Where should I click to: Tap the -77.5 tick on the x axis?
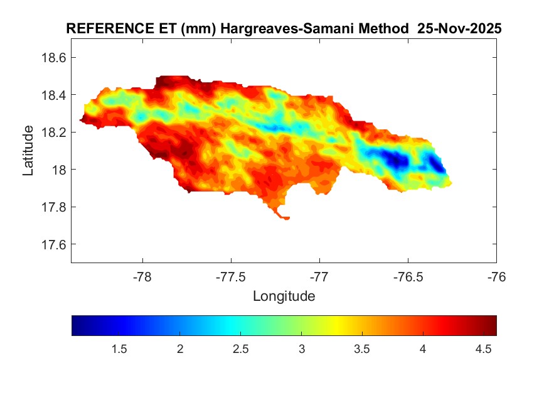pos(231,277)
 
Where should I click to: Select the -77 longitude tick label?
pos(319,277)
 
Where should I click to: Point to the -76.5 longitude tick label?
pos(408,277)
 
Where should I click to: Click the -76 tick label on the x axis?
pos(496,277)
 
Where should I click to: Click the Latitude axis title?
pos(28,151)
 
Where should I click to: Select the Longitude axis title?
pos(284,296)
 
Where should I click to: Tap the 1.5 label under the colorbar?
pos(119,349)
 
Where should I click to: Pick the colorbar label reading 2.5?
pos(241,349)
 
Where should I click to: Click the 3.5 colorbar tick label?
pos(362,349)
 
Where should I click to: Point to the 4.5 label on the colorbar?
pos(484,349)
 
